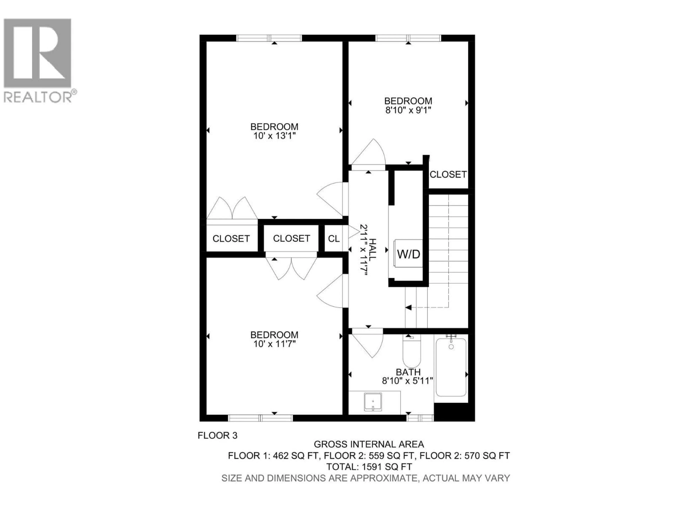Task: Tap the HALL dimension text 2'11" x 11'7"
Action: [x=364, y=250]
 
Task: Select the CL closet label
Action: [x=334, y=239]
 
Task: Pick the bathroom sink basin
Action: [x=373, y=402]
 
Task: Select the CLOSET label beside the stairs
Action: [x=448, y=174]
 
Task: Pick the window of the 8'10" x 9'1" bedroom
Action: [x=408, y=38]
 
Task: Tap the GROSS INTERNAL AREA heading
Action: [x=369, y=444]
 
